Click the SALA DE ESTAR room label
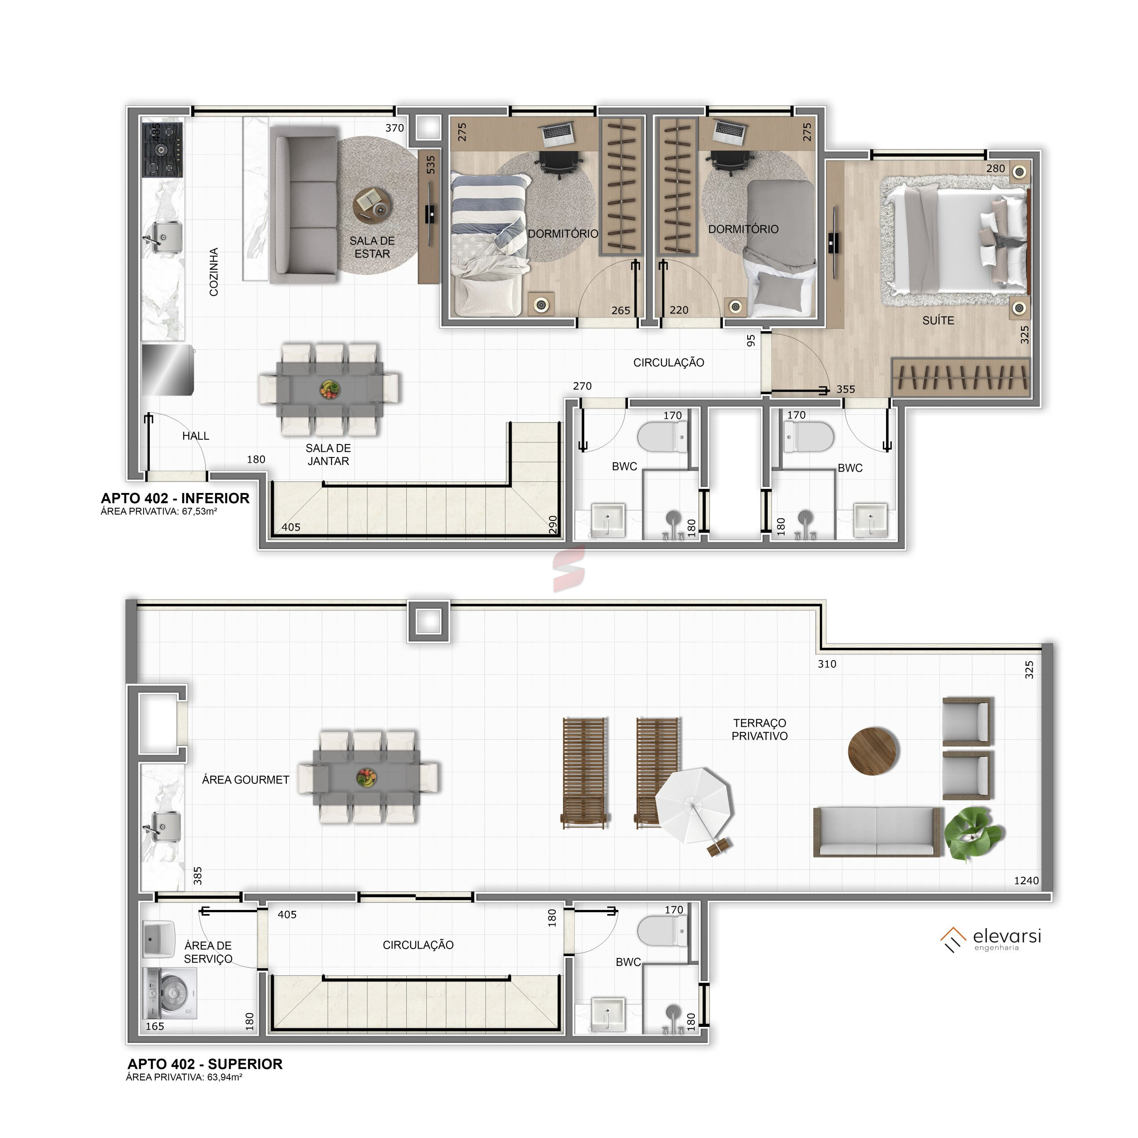tap(372, 248)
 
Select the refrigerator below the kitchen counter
tap(168, 370)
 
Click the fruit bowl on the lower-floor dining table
tap(329, 389)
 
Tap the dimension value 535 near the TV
tap(431, 164)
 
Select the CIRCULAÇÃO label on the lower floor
tap(669, 363)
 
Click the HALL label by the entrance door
tap(196, 436)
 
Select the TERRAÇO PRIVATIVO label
tap(759, 729)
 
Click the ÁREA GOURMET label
tap(246, 780)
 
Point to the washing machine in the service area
tap(170, 993)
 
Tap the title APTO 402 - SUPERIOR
tap(205, 1064)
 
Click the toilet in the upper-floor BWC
tap(662, 931)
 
